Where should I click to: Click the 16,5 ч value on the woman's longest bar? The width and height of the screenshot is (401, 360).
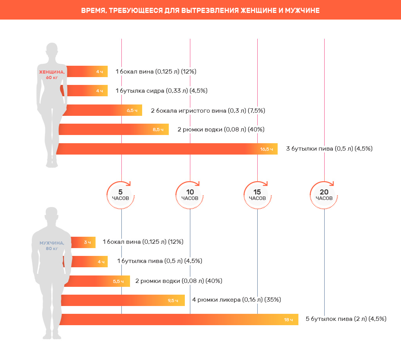266,149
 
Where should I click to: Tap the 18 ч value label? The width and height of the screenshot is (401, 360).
288,320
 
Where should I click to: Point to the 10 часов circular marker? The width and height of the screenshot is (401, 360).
190,194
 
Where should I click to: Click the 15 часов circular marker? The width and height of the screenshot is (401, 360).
257,194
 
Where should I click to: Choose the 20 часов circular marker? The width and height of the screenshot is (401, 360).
324,194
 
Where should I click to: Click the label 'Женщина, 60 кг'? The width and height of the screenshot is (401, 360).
52,74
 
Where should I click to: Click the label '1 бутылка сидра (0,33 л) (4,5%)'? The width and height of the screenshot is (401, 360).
161,91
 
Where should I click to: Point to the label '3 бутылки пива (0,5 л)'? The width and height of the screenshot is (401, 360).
329,149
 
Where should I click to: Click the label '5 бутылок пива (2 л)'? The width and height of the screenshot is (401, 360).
346,319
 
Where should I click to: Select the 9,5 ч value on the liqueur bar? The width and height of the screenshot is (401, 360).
173,301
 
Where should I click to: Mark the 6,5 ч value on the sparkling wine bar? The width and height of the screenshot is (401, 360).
132,110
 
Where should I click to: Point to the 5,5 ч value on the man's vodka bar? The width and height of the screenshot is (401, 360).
118,281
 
